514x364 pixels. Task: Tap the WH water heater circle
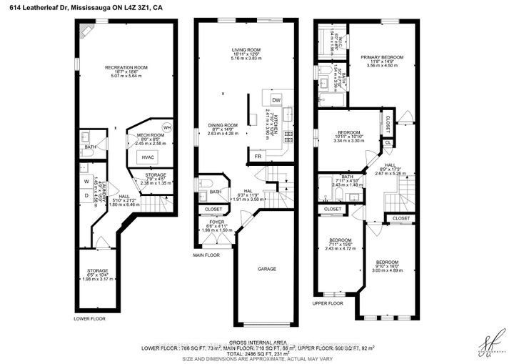[166, 127]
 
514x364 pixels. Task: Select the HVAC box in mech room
[148, 157]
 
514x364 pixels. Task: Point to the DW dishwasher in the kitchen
[276, 100]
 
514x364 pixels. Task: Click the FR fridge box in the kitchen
[256, 155]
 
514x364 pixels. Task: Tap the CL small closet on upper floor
[388, 142]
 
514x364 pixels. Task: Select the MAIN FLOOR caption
[207, 254]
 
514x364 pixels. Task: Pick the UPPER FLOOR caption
[329, 303]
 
